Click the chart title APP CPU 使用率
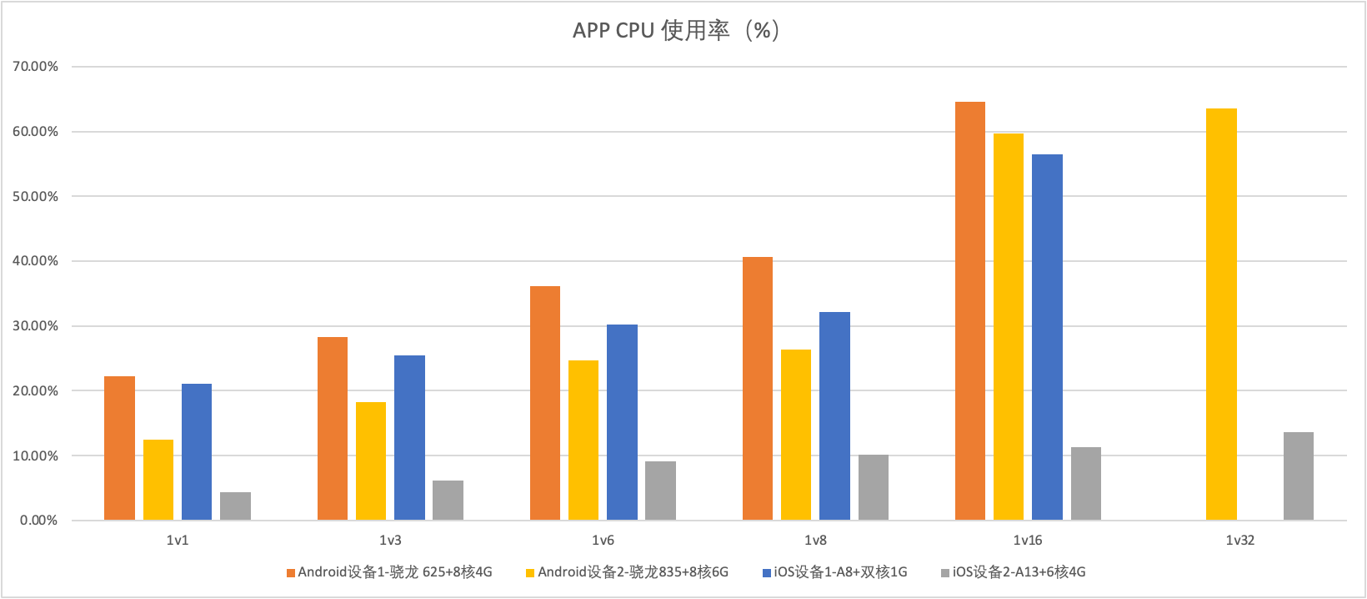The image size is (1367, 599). [x=676, y=31]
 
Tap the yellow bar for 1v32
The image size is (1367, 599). [x=1221, y=314]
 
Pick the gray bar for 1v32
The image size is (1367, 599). [x=1298, y=476]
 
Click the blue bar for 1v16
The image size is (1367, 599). [x=1047, y=337]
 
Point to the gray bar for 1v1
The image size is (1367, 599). [x=235, y=506]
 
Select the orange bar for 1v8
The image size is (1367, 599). [x=758, y=388]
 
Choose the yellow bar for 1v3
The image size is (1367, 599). [x=371, y=461]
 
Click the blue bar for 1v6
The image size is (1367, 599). [x=622, y=422]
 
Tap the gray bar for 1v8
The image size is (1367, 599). [x=874, y=487]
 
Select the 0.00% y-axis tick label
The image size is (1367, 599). [x=38, y=521]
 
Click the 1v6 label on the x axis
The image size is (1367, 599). [x=603, y=541]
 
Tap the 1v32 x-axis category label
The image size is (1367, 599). [x=1240, y=541]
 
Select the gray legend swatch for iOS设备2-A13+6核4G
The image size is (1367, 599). [x=945, y=573]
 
